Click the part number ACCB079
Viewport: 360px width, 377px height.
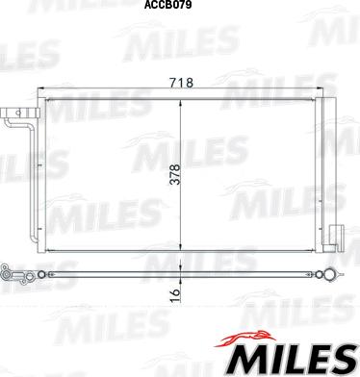pyautogui.click(x=167, y=5)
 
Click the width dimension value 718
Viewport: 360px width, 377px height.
pyautogui.click(x=182, y=83)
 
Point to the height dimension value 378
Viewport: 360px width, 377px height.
pyautogui.click(x=175, y=174)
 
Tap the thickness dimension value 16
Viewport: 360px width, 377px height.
pyautogui.click(x=175, y=295)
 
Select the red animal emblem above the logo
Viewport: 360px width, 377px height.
pyautogui.click(x=244, y=339)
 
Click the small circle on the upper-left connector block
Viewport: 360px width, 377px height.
pyautogui.click(x=18, y=113)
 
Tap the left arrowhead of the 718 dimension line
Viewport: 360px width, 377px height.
pyautogui.click(x=40, y=88)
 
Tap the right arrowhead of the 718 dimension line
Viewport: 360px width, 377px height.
pyautogui.click(x=319, y=88)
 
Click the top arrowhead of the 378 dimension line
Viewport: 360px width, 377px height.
pyautogui.click(x=181, y=103)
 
